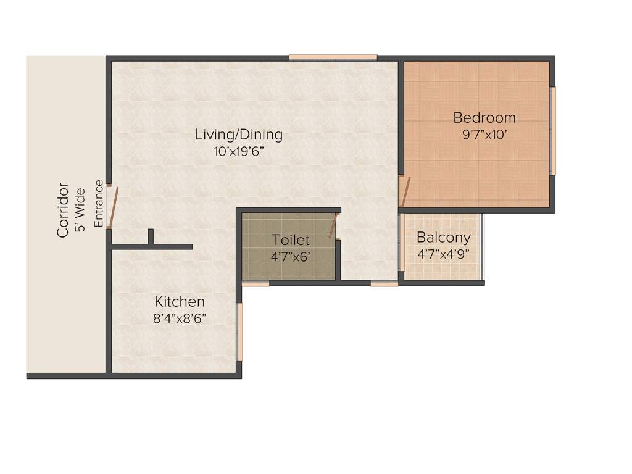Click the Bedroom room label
point(484,117)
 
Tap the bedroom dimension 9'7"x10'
point(484,135)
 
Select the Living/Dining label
point(239,134)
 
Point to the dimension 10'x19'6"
point(239,151)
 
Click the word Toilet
point(291,240)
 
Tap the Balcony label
point(443,238)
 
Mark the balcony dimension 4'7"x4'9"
point(443,254)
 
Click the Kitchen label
point(179,302)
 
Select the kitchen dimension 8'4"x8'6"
point(179,318)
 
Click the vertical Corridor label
point(62,210)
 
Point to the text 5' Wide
point(80,209)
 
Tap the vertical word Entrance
point(99,203)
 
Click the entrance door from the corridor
point(110,207)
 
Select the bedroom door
point(404,192)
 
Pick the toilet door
point(333,225)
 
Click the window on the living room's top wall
point(333,57)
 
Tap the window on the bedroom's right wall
point(554,131)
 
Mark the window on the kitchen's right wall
point(239,331)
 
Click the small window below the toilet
point(256,284)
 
